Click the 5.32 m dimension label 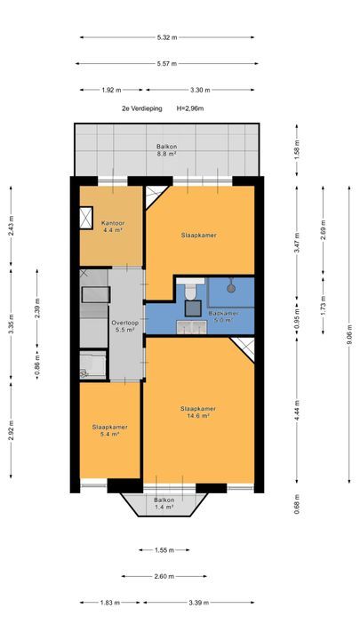point(167,37)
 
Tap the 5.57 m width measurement point(167,64)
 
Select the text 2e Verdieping point(142,108)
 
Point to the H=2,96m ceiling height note point(190,108)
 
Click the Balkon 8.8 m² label point(166,150)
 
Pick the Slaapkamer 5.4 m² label point(109,430)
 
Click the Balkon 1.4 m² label point(164,503)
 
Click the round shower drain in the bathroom point(231,288)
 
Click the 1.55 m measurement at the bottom point(164,550)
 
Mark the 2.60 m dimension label point(164,576)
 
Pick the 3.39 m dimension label point(198,603)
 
